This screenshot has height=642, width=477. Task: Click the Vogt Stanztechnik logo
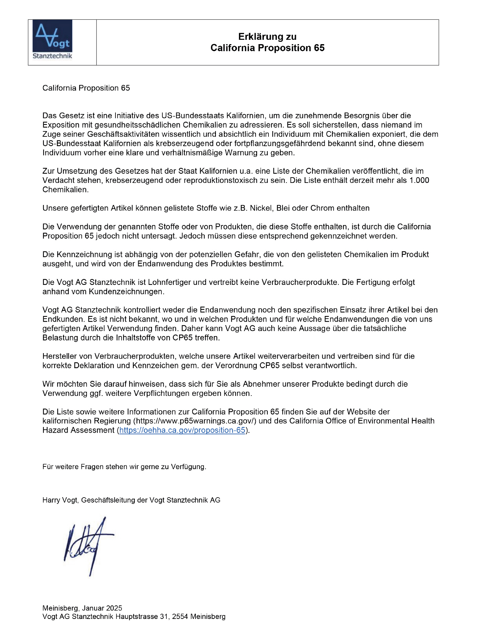pos(52,40)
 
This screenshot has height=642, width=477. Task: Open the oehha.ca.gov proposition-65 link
pos(182,430)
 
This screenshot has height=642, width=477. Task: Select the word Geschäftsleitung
pos(108,500)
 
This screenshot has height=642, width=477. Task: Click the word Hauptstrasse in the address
pos(137,617)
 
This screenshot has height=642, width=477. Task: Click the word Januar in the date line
pos(93,608)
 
